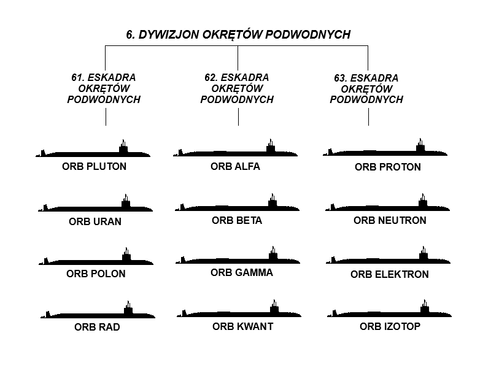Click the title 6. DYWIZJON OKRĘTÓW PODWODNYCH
coord(238,34)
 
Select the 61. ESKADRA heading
coord(104,88)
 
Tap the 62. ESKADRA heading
coord(237,88)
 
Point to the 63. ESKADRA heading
coord(366,88)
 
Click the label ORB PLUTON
coord(95,166)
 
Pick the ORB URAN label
coord(95,221)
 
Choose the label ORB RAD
coord(97,327)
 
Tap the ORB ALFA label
coord(235,166)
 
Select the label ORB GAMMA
coord(242,272)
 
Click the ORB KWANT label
coord(242,326)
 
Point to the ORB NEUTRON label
coord(390,220)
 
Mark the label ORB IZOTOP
coord(390,326)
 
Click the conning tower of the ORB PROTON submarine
coord(420,147)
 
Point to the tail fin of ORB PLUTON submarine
coord(43,153)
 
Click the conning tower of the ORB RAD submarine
coord(128,309)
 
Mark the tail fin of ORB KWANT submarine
coord(184,313)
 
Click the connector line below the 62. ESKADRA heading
coord(238,117)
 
